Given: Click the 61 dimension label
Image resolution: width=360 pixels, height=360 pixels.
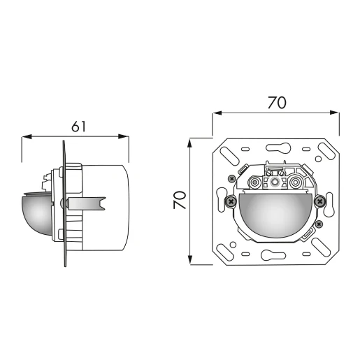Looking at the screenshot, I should [x=78, y=126].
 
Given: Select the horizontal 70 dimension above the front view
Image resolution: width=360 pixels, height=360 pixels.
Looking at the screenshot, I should [x=276, y=102].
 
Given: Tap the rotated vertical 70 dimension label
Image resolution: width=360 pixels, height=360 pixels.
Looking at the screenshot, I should [x=180, y=201].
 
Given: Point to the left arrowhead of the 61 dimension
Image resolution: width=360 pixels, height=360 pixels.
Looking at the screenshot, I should [x=26, y=137].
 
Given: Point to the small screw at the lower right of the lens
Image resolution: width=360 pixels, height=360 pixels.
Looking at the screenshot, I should [x=319, y=224].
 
